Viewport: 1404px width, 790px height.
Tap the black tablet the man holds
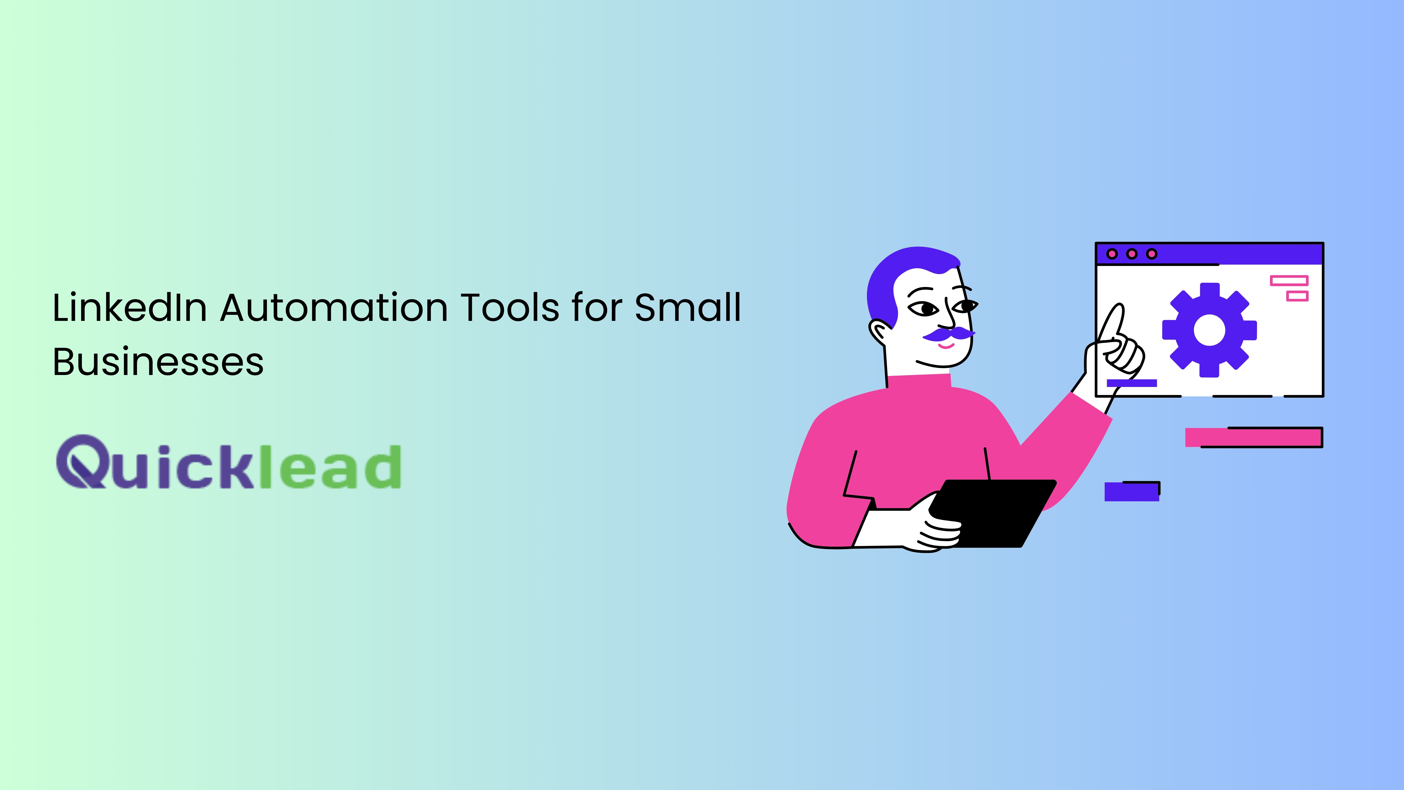pos(992,513)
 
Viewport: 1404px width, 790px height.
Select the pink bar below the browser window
pos(1254,437)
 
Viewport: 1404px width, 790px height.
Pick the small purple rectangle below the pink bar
pos(1131,491)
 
